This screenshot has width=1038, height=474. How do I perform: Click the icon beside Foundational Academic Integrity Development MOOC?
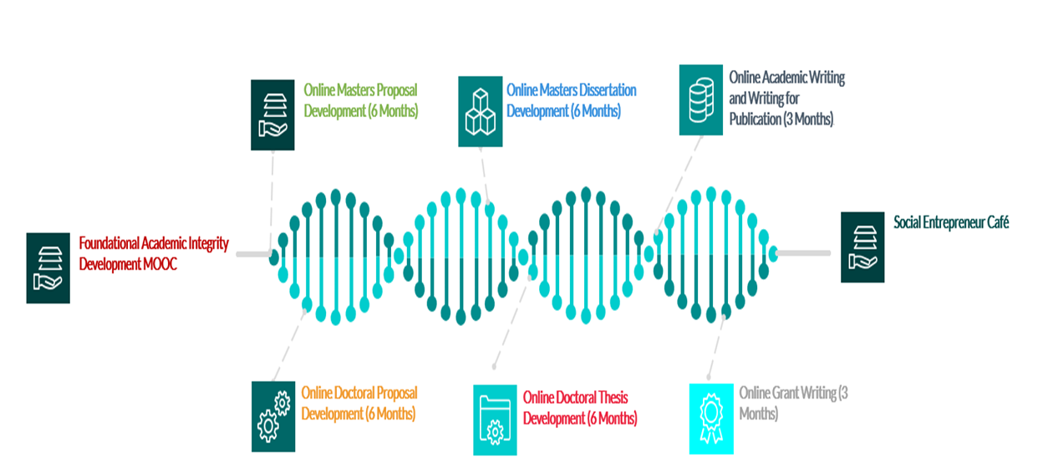(48, 268)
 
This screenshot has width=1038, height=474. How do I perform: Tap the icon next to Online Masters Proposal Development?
(272, 115)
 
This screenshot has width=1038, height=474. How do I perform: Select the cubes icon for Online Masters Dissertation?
(480, 111)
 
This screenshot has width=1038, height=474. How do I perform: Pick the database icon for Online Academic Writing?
(700, 99)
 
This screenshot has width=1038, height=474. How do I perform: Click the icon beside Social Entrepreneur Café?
(862, 247)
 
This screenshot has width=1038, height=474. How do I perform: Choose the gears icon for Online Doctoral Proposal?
(272, 416)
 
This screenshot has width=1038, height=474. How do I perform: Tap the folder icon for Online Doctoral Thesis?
(495, 420)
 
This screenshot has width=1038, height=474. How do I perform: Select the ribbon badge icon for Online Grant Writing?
(710, 419)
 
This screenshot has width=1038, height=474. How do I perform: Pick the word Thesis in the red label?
(610, 397)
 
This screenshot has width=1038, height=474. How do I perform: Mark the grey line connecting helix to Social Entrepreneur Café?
(803, 252)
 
